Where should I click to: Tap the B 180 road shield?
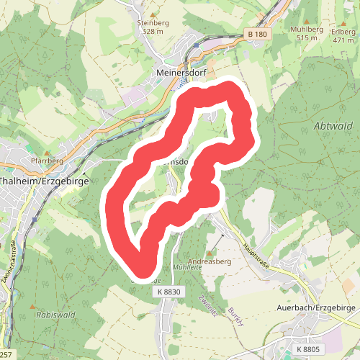(x=257, y=34)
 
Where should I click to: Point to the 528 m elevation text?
(x=153, y=31)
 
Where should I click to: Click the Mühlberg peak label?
(x=303, y=28)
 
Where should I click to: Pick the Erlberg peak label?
(x=343, y=32)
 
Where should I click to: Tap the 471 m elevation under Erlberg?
(x=343, y=40)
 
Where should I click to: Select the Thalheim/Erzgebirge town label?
(x=45, y=181)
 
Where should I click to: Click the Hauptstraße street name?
(x=255, y=256)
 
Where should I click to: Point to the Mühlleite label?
(x=188, y=266)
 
